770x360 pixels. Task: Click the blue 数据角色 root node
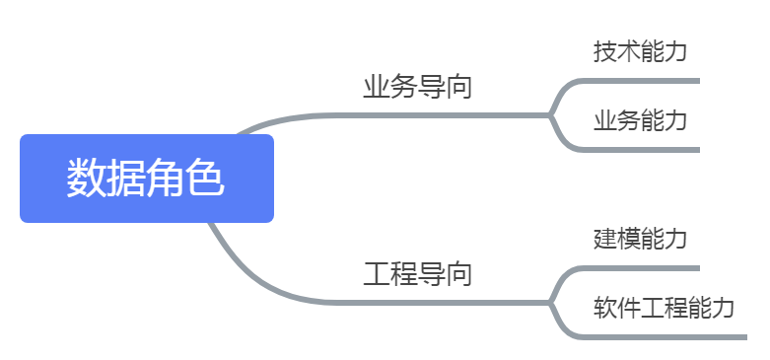(146, 179)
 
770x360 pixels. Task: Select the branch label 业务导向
(417, 87)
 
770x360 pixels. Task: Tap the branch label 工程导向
(417, 274)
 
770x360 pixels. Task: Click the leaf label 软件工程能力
(664, 308)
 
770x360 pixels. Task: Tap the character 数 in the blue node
(86, 179)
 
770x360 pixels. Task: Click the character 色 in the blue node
(206, 179)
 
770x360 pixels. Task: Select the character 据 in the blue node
(126, 179)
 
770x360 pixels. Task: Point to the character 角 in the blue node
(167, 179)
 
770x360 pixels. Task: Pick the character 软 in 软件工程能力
(604, 308)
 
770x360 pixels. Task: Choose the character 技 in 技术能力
(604, 51)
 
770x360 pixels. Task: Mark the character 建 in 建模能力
(604, 239)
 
